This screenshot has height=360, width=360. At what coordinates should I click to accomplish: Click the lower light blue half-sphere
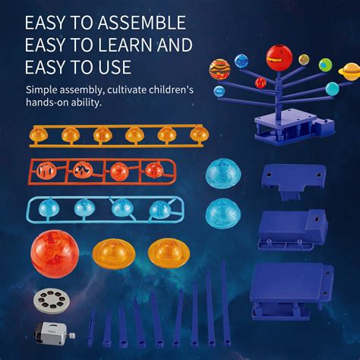223,212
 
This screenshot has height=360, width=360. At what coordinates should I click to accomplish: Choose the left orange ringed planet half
114,253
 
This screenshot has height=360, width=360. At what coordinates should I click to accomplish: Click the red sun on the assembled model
278,57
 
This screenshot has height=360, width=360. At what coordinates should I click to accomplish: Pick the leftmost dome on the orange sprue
38,134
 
